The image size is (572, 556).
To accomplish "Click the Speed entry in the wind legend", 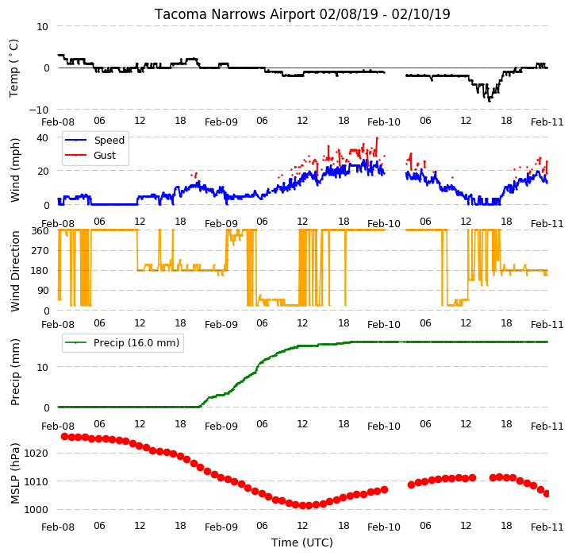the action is (x=109, y=141).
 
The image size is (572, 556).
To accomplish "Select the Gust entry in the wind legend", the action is (x=105, y=155).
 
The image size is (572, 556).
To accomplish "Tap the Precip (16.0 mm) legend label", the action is (x=136, y=342).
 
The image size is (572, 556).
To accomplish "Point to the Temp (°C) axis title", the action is (x=13, y=68).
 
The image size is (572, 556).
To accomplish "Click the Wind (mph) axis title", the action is (x=15, y=170).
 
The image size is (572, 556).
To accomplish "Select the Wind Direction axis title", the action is (x=15, y=271).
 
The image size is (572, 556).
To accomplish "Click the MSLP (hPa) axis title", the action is (x=15, y=473).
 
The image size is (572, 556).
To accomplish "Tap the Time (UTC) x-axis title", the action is (x=302, y=542).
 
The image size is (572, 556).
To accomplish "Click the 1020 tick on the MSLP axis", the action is (x=36, y=454).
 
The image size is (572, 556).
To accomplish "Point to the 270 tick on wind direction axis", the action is (x=40, y=251).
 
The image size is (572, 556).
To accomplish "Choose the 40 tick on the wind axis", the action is (x=42, y=137).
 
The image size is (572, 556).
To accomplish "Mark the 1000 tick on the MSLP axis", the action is (x=36, y=510).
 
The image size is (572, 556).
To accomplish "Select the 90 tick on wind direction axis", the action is (x=43, y=291).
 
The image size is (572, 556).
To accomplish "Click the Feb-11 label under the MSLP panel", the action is (x=547, y=527).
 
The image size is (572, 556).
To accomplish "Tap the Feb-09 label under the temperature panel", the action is (x=221, y=122).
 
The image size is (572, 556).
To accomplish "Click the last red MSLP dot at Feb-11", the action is (x=547, y=494).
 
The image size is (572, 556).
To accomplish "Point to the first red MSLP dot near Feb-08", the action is (x=64, y=437).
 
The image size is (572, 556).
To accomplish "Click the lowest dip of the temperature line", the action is (x=489, y=101).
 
